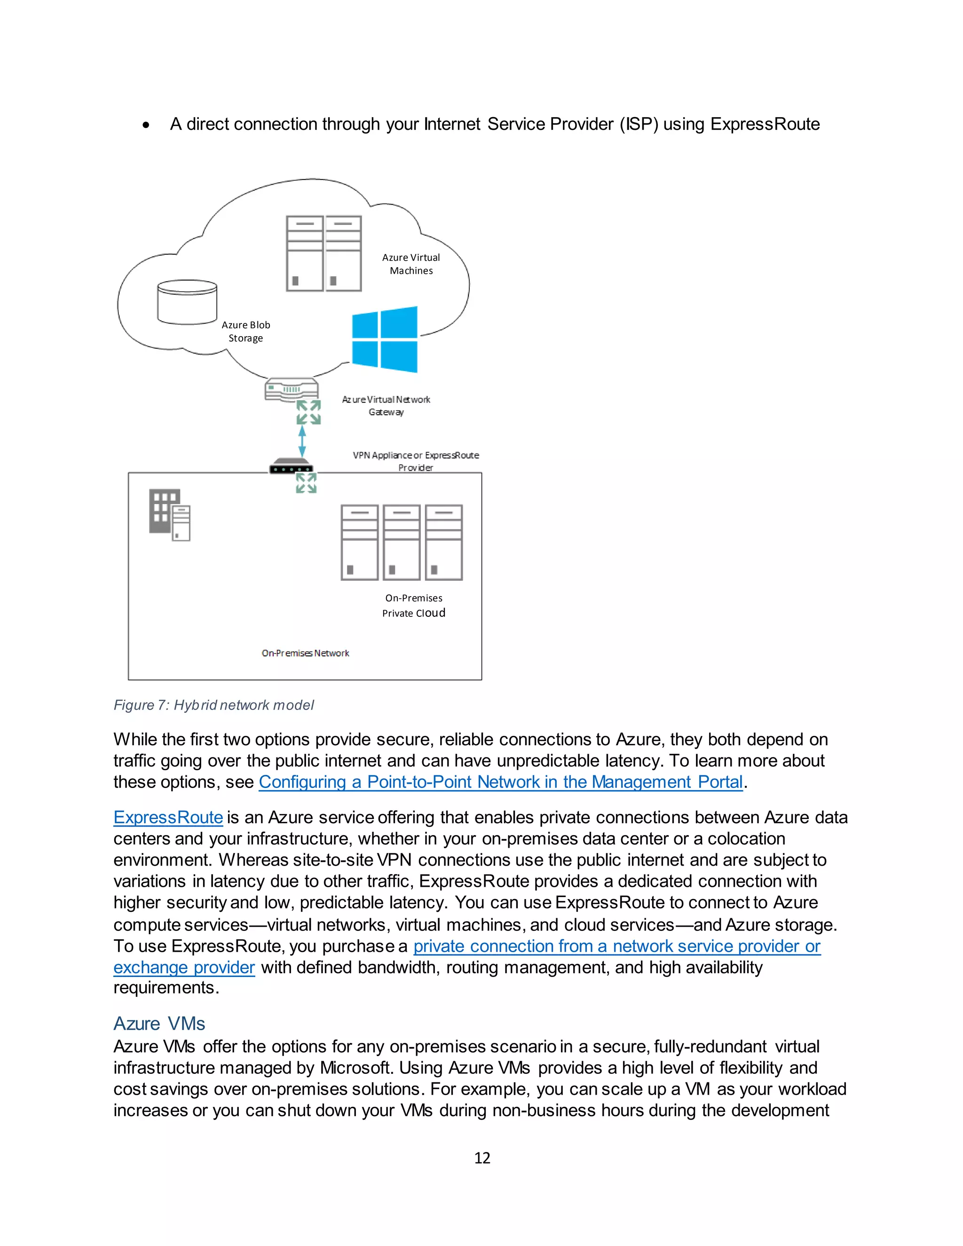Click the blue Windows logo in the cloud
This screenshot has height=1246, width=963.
pyautogui.click(x=385, y=339)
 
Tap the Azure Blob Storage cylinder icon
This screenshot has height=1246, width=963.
pyautogui.click(x=187, y=302)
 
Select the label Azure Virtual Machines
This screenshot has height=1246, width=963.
pyautogui.click(x=411, y=264)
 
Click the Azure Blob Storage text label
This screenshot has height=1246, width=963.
pyautogui.click(x=246, y=331)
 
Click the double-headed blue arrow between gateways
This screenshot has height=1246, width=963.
pyautogui.click(x=302, y=442)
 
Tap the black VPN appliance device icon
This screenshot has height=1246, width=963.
pyautogui.click(x=291, y=466)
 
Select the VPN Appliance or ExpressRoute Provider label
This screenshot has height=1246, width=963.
pyautogui.click(x=416, y=461)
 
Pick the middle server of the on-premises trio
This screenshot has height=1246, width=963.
pyautogui.click(x=402, y=542)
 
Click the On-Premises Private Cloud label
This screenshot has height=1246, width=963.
pyautogui.click(x=414, y=605)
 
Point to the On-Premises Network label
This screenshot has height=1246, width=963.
pyautogui.click(x=305, y=653)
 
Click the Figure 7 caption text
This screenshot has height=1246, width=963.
pyautogui.click(x=213, y=705)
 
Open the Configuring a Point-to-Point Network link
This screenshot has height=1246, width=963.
pyautogui.click(x=500, y=781)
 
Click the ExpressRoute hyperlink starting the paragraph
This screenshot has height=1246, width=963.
pyautogui.click(x=168, y=817)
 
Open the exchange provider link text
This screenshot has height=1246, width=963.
pyautogui.click(x=184, y=967)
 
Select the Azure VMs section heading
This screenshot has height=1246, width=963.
pyautogui.click(x=159, y=1023)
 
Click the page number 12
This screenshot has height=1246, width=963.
pyautogui.click(x=482, y=1158)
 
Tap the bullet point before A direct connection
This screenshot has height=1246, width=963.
pyautogui.click(x=147, y=125)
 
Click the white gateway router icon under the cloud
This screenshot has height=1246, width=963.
pyautogui.click(x=291, y=390)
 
